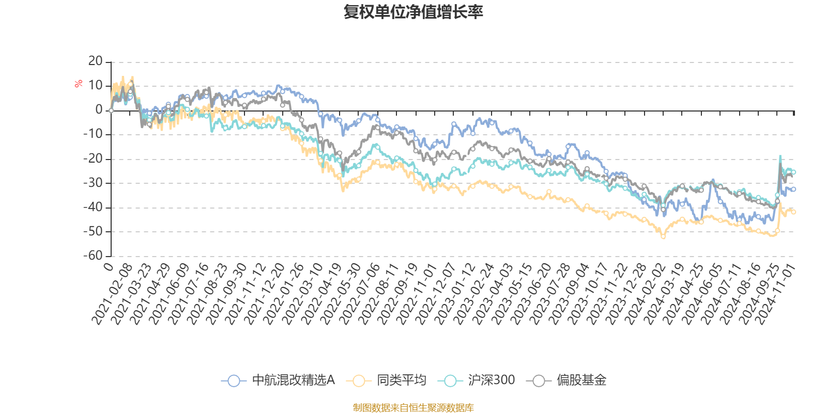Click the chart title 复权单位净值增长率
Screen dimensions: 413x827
tap(413, 12)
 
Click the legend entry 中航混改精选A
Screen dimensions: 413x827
tap(293, 380)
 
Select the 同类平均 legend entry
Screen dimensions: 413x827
tap(401, 380)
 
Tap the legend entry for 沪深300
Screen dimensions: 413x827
tap(491, 380)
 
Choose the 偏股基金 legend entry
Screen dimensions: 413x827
tap(581, 380)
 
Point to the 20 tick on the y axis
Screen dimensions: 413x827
tap(96, 61)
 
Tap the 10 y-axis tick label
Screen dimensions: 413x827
tap(96, 86)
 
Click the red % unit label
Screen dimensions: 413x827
tap(79, 84)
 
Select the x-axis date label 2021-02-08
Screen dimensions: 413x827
tap(113, 294)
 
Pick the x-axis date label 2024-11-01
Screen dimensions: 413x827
tap(777, 294)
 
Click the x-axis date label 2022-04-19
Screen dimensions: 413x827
tap(323, 294)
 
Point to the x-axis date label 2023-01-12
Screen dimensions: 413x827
tap(455, 294)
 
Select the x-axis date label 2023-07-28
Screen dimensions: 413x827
tap(550, 294)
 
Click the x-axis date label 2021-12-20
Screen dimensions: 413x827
tap(265, 294)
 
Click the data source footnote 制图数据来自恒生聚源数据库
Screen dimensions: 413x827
tap(413, 408)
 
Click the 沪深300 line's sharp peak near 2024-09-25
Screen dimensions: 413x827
tap(780, 155)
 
